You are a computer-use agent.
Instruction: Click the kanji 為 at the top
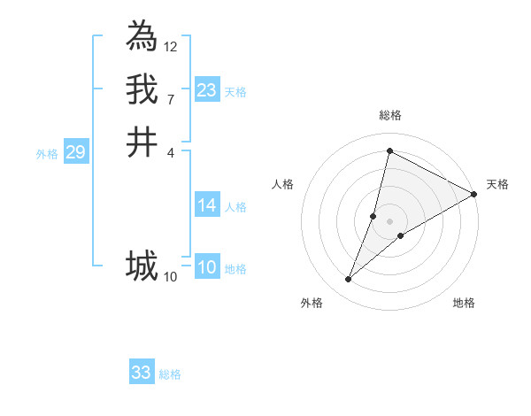coord(142,36)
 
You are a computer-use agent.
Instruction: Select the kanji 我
coord(142,89)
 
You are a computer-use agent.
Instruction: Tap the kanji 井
coord(142,143)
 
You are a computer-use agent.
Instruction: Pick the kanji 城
coord(142,266)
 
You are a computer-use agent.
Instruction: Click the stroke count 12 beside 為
coord(171,46)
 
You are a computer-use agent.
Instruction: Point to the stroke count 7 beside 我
coord(171,99)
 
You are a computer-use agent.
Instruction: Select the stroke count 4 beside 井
coord(171,152)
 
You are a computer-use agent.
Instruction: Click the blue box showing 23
coord(207,90)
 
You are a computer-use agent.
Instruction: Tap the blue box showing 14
coord(207,206)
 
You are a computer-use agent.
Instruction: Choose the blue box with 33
coord(142,373)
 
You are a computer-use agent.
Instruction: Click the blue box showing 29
coord(76,152)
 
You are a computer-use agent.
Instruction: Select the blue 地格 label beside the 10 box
coord(235,269)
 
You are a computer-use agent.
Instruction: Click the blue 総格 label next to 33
coord(170,374)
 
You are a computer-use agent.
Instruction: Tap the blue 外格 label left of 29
coord(47,154)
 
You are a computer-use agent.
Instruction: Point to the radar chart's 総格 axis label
coord(389,115)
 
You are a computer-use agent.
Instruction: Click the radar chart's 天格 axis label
coord(497,184)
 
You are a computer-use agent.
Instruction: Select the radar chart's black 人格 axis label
coord(283,184)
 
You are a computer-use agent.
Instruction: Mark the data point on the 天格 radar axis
coord(474,194)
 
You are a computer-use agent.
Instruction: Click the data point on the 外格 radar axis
coord(349,280)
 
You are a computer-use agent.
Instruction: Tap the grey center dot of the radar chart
coord(389,221)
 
